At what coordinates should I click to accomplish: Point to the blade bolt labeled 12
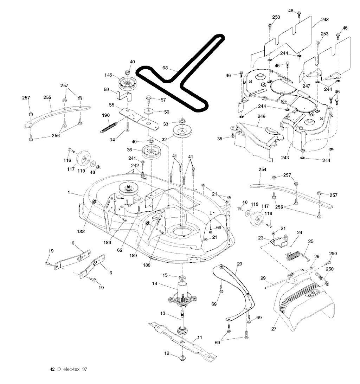point(182,358)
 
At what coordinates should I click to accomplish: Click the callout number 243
point(285,158)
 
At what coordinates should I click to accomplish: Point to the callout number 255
point(47,97)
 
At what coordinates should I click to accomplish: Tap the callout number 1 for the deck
point(69,192)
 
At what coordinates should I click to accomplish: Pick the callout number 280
point(333,254)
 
